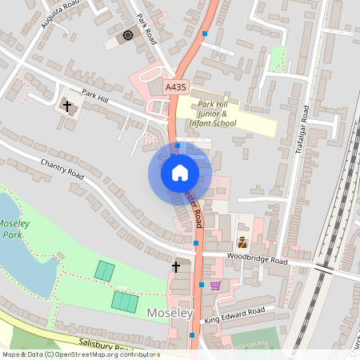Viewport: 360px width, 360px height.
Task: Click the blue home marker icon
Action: tap(180, 172)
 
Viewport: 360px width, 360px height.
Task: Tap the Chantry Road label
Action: tap(62, 169)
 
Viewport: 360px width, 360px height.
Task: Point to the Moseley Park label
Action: tap(14, 229)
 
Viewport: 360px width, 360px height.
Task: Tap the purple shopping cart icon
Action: tap(214, 285)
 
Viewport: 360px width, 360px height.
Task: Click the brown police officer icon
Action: tap(242, 242)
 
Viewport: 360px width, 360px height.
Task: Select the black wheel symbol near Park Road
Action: tap(128, 35)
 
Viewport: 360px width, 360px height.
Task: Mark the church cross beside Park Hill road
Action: tap(67, 105)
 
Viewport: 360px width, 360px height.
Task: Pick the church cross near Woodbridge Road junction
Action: tap(176, 266)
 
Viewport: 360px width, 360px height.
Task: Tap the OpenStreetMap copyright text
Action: tap(80, 354)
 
